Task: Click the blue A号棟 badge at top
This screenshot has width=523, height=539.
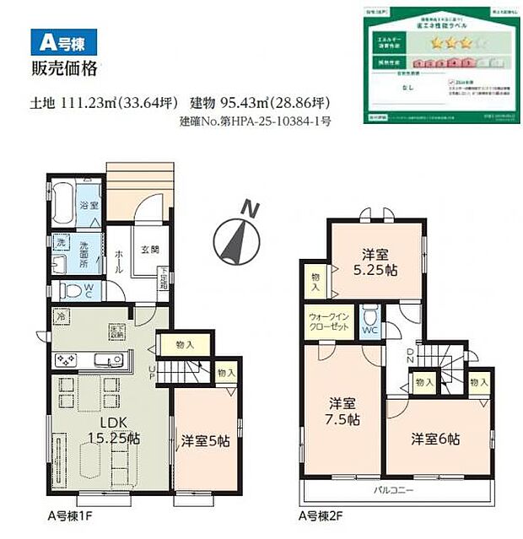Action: [63, 39]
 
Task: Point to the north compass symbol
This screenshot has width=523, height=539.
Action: [237, 235]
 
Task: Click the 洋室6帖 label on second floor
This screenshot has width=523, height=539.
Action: [435, 439]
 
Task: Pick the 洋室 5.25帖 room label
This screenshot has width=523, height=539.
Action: [375, 261]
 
